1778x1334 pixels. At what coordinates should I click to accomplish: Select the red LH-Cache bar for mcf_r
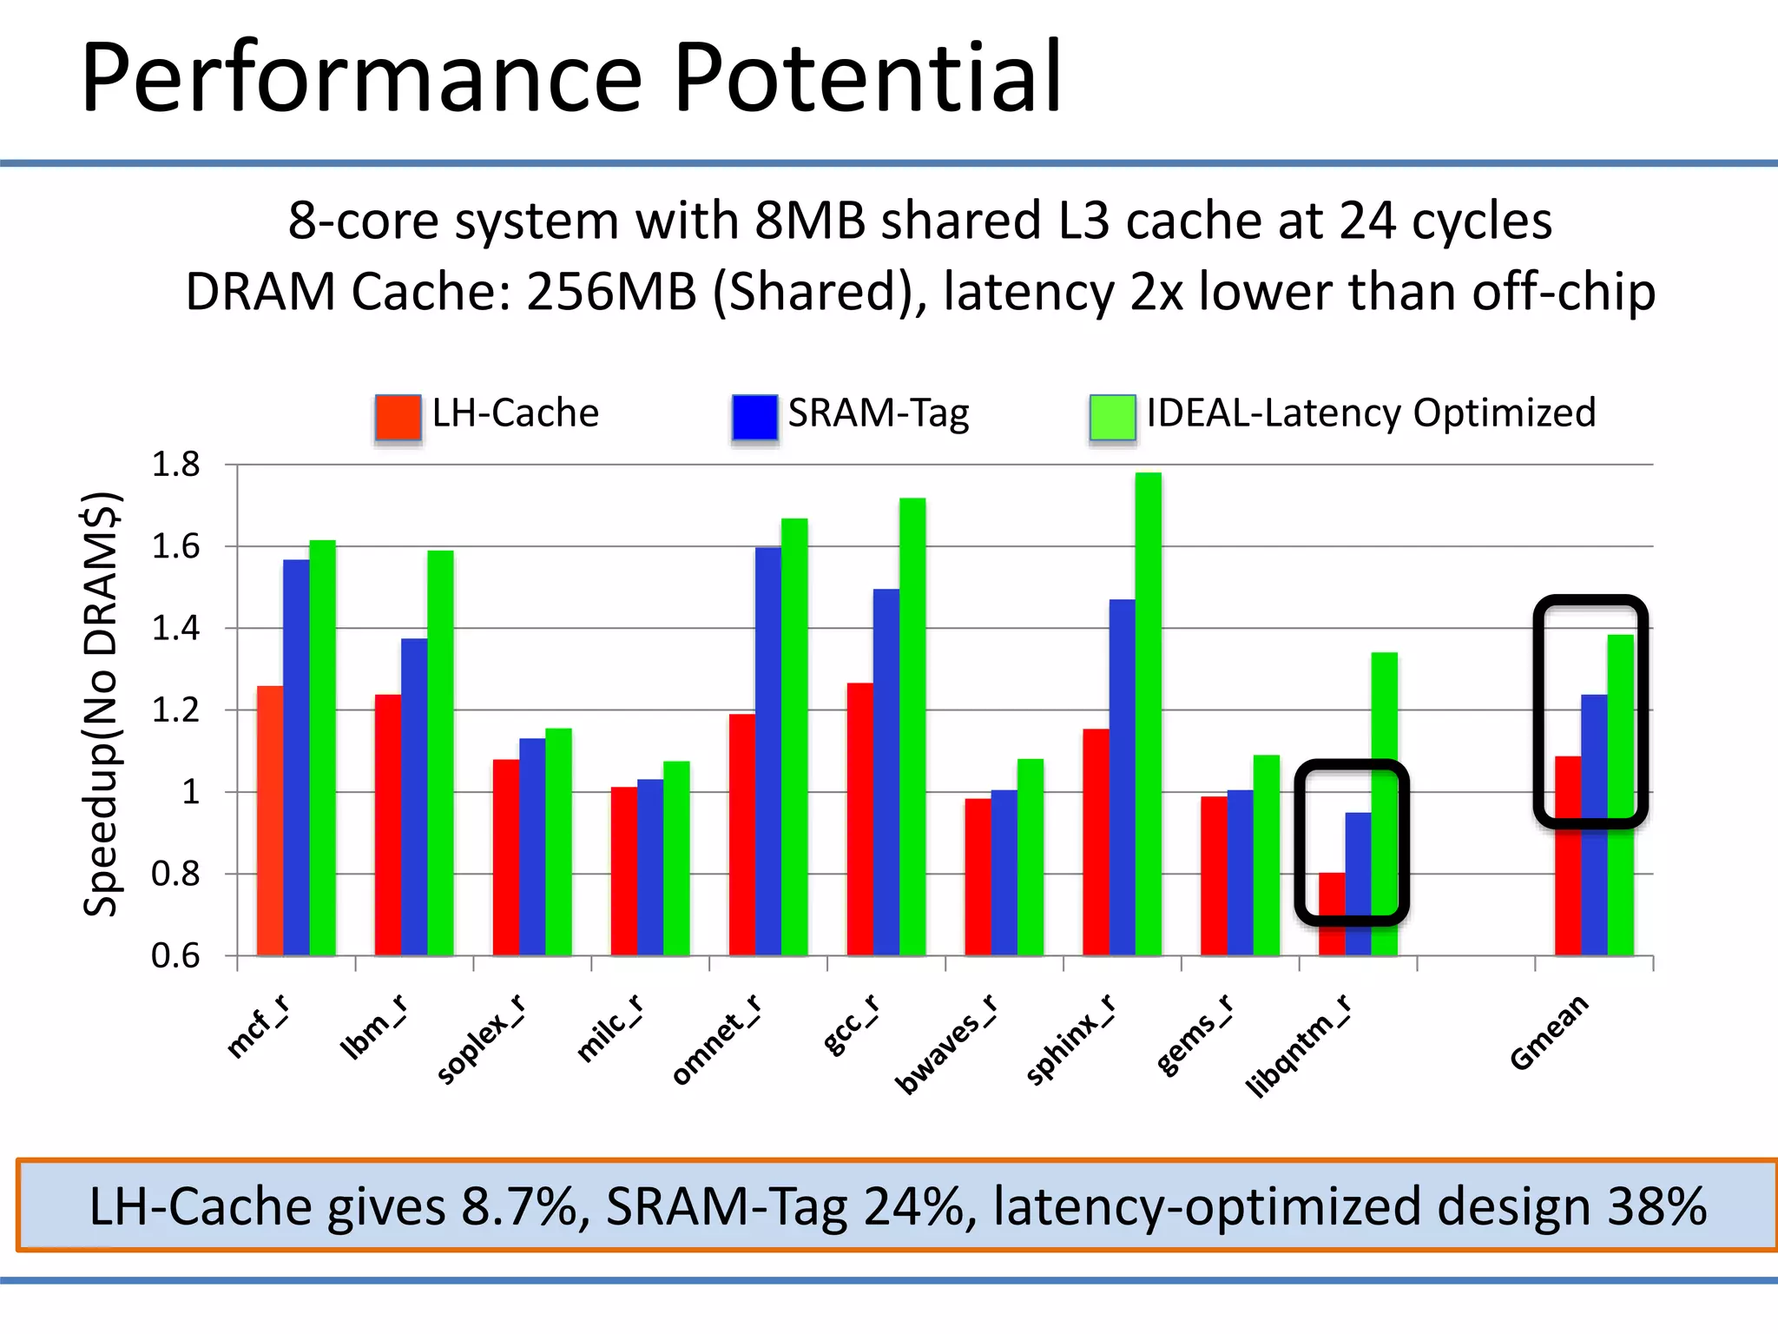270,821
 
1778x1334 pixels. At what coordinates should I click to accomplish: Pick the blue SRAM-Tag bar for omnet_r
768,751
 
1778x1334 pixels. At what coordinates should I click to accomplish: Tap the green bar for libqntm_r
1384,803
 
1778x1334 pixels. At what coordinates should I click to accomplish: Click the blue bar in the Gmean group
1594,825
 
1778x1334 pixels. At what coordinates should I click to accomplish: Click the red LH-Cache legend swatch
398,418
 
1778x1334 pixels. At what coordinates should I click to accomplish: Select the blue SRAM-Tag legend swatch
754,417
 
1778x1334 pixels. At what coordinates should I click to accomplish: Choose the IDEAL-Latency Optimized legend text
1370,413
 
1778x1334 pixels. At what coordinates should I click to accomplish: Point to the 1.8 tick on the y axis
176,466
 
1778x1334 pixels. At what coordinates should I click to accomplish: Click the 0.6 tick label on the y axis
176,956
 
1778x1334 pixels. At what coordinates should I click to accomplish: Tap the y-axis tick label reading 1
190,792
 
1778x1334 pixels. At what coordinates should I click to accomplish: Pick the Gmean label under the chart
1550,1033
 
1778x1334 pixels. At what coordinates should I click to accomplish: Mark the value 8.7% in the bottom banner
525,1206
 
